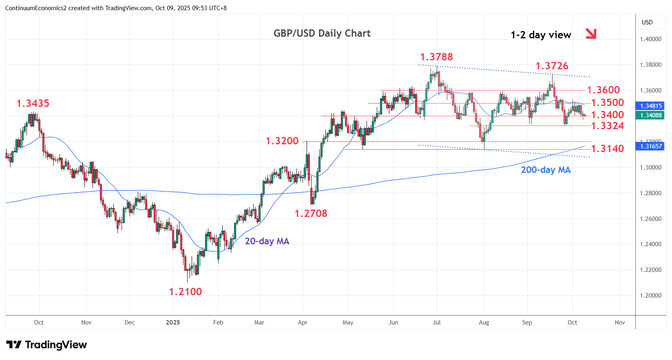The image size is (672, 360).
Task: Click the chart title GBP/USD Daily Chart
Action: [322, 33]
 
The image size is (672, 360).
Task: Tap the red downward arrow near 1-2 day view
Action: [591, 34]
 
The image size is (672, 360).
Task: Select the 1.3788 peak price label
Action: [436, 57]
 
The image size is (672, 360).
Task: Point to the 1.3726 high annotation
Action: [551, 66]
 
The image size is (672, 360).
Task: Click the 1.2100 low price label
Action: [185, 292]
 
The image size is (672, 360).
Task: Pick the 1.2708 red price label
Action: [311, 214]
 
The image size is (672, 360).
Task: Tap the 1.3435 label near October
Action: [33, 104]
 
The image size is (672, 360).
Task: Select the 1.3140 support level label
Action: [607, 149]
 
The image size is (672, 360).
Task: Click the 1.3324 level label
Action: [607, 126]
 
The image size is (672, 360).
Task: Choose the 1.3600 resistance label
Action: [603, 90]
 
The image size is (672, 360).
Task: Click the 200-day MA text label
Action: [546, 170]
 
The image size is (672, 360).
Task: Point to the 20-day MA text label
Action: [267, 241]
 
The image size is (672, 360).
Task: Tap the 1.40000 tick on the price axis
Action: [650, 40]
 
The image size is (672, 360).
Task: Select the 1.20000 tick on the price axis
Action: [650, 296]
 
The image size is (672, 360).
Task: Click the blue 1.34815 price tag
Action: [650, 106]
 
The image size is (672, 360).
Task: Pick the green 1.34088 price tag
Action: [650, 115]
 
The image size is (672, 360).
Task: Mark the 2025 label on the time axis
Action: [173, 322]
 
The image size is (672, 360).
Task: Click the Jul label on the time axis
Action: [436, 322]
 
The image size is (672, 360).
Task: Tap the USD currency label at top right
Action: [647, 22]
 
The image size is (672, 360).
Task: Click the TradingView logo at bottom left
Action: [46, 345]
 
